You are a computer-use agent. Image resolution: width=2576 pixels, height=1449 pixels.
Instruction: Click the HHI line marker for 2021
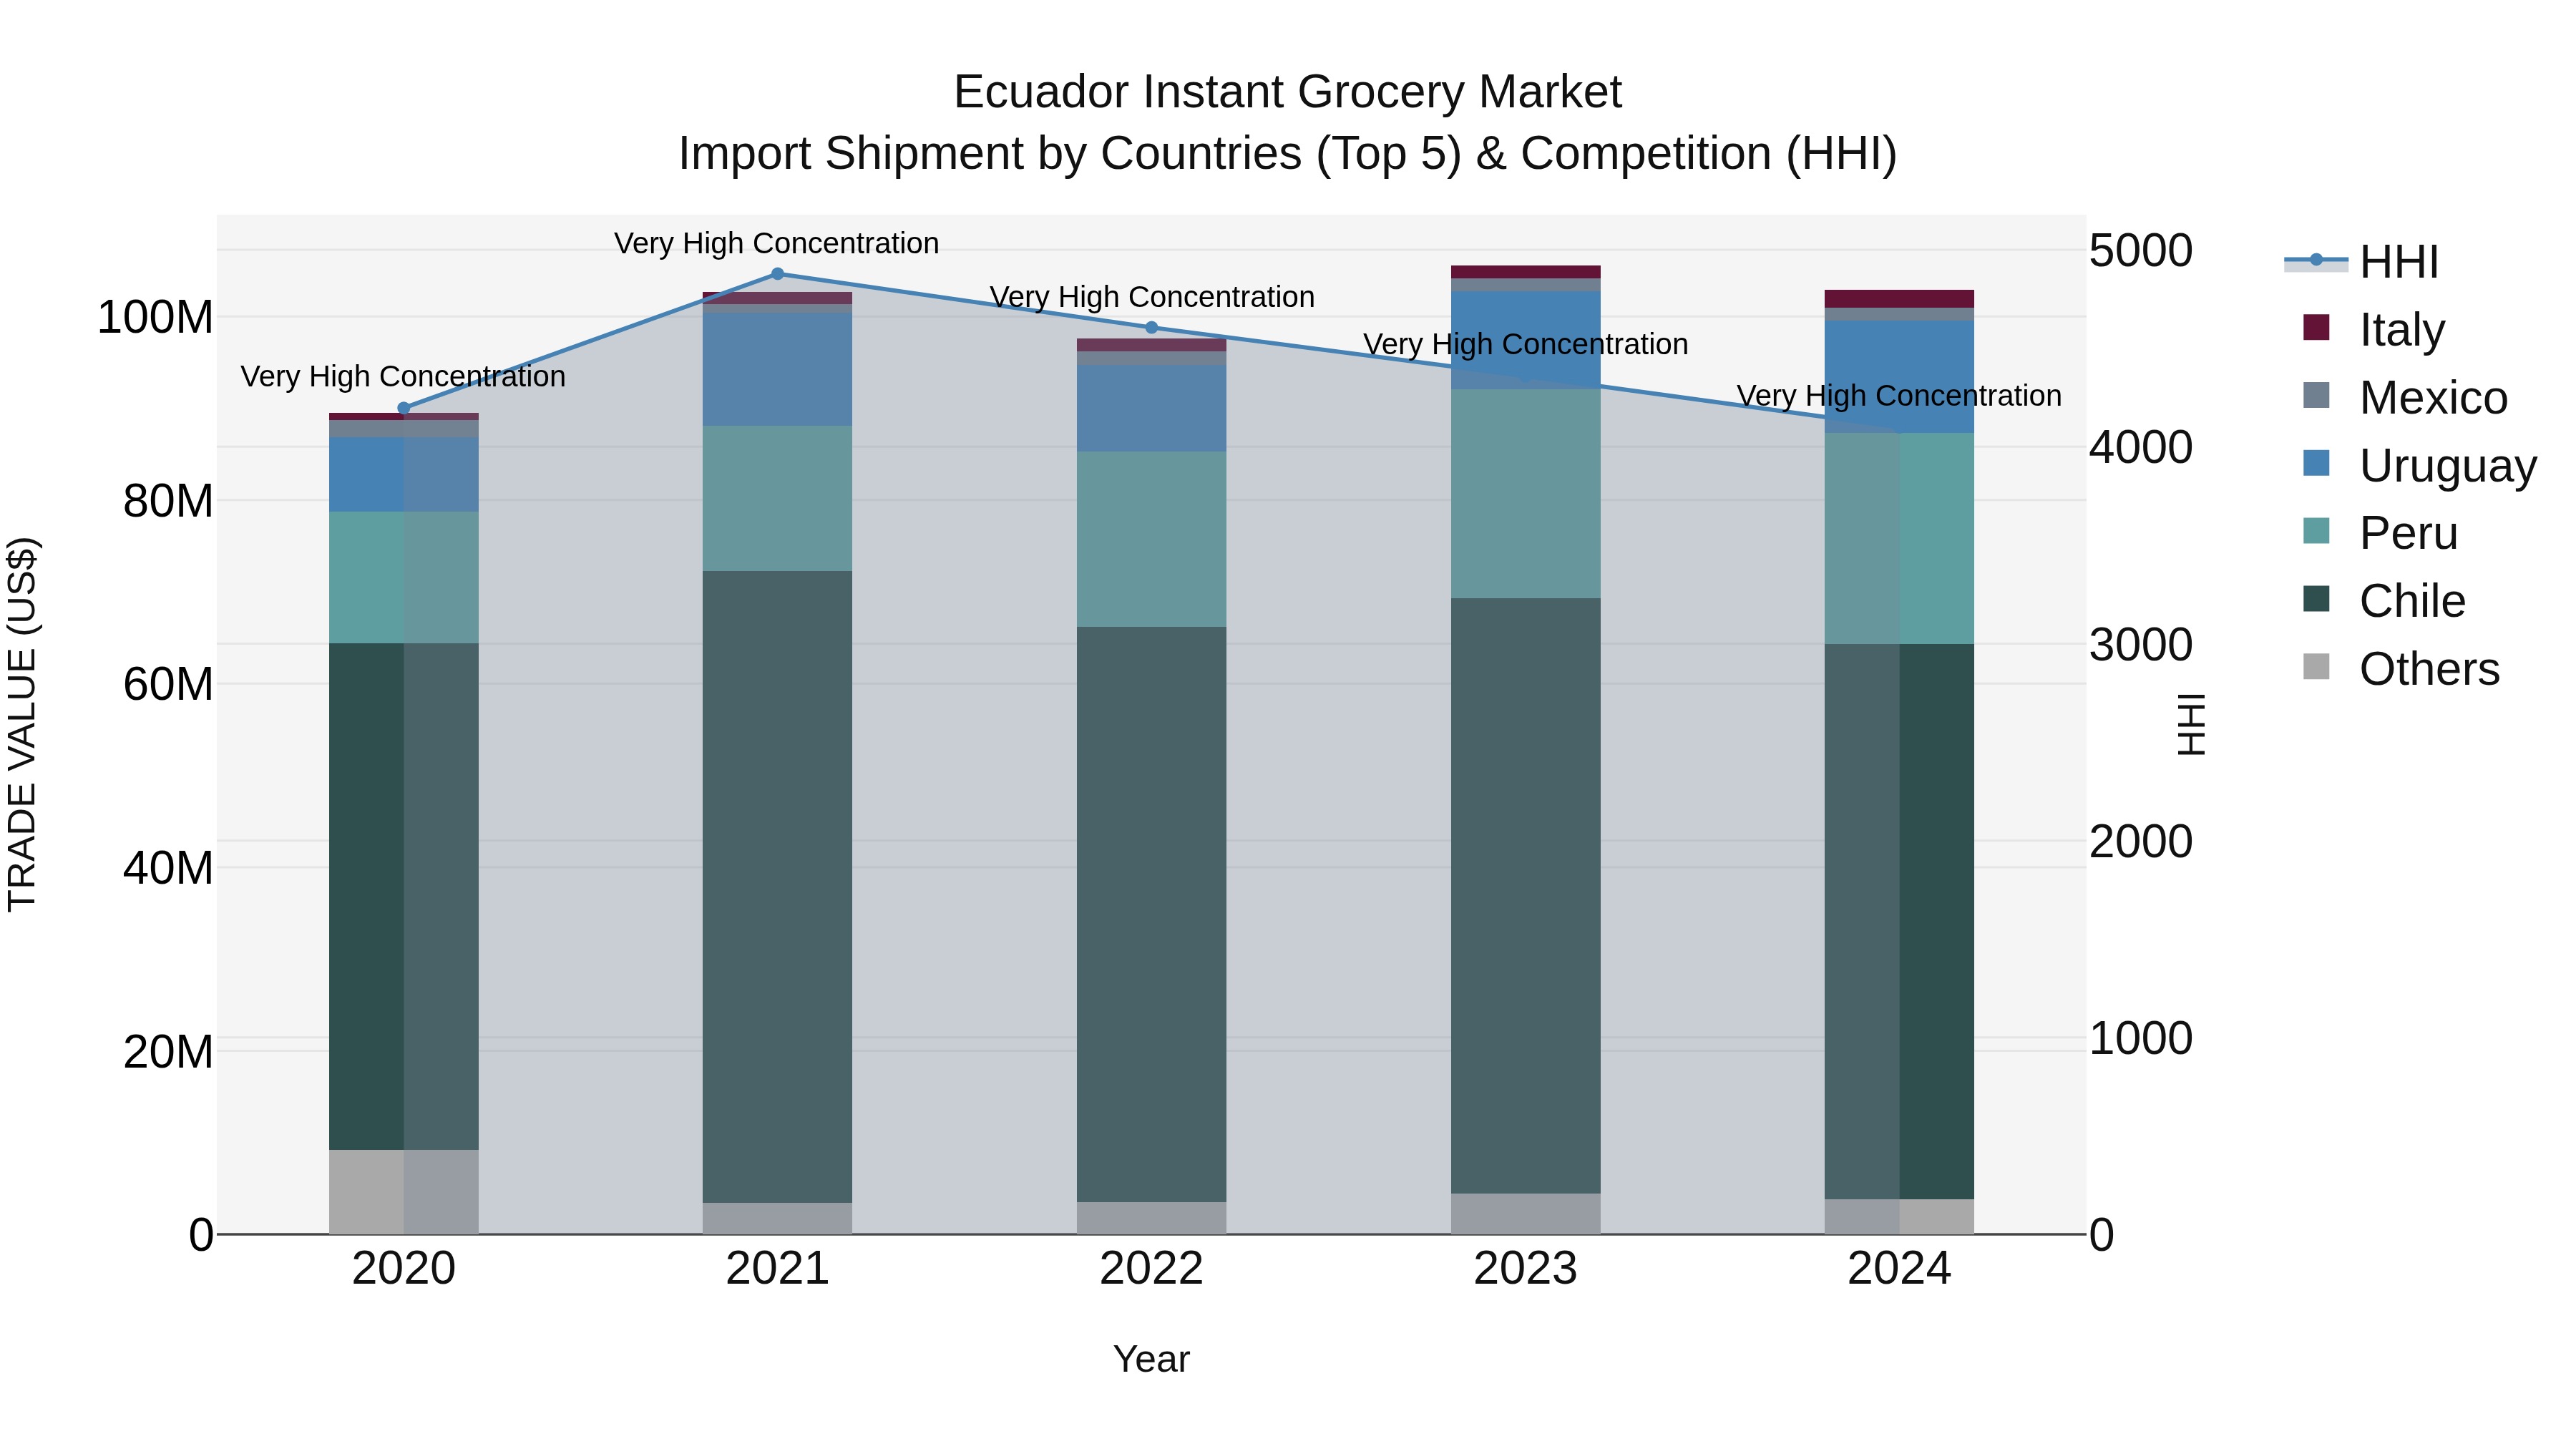[777, 274]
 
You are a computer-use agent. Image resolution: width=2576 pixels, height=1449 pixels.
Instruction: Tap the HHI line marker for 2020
[404, 408]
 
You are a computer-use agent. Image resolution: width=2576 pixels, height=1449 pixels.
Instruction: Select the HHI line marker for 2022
[1151, 328]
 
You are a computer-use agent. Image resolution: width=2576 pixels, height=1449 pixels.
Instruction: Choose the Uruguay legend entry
[2447, 466]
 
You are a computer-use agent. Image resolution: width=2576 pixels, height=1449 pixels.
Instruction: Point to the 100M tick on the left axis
[155, 318]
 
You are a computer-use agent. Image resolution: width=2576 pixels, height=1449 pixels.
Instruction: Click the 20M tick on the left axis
[168, 1052]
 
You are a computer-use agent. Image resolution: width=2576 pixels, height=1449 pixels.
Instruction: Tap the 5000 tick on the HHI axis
[2140, 251]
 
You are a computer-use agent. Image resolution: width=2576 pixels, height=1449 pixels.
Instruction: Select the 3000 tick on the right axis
[2140, 645]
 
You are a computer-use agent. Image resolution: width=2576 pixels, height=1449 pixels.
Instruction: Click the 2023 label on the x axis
[1525, 1269]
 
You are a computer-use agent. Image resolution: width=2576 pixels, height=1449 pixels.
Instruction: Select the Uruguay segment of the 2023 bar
[1525, 340]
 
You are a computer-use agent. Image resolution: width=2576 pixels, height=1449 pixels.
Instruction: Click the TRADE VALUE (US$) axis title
[23, 724]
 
